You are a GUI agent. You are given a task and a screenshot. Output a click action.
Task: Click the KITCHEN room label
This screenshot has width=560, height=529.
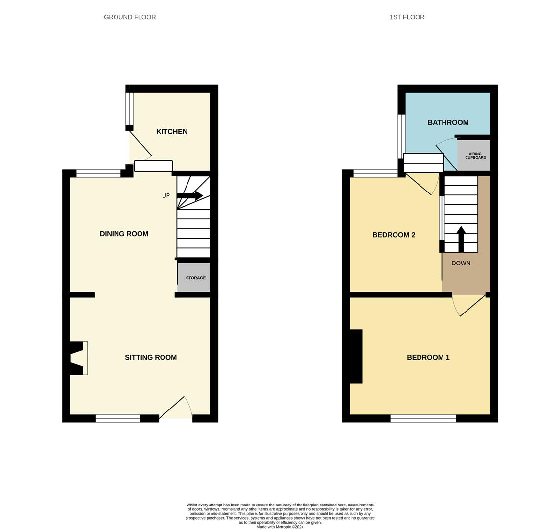tap(172, 132)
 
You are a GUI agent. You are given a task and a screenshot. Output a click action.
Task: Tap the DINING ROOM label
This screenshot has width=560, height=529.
tap(124, 234)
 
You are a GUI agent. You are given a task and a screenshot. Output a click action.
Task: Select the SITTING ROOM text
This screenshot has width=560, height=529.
tap(151, 357)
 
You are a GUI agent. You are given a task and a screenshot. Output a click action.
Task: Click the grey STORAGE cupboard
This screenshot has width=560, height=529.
tap(194, 278)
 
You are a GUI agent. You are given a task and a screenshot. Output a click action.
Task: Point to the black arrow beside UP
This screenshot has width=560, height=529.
tap(189, 195)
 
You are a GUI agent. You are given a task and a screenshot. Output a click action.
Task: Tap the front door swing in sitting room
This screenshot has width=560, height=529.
tap(176, 408)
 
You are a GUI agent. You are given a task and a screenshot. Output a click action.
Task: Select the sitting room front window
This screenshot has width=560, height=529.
tap(118, 418)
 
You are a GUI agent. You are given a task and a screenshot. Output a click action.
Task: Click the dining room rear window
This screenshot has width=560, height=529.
tap(98, 174)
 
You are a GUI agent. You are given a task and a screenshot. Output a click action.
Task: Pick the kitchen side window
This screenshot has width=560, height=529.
tap(129, 109)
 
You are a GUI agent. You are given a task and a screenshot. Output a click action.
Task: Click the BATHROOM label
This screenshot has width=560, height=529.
tap(448, 122)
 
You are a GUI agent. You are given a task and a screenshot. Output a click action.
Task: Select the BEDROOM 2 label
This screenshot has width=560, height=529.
tap(394, 235)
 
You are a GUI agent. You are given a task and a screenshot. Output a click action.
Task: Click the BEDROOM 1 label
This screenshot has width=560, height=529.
tap(428, 357)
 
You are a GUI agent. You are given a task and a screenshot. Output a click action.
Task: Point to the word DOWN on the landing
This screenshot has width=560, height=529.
tap(461, 264)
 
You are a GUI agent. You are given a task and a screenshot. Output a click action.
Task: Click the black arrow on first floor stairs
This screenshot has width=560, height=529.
tap(461, 239)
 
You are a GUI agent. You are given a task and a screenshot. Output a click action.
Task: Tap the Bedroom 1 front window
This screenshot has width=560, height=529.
tap(423, 418)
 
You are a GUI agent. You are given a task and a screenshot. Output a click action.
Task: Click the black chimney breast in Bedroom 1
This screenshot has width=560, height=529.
tap(356, 357)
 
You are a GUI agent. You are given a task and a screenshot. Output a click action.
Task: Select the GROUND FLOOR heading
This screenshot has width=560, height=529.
tap(130, 17)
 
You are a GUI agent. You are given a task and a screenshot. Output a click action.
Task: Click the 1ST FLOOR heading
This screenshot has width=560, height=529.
tap(407, 17)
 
